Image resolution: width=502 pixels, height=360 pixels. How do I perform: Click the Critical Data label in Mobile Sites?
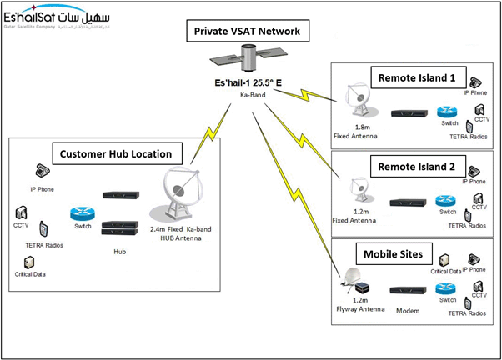click(x=446, y=271)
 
